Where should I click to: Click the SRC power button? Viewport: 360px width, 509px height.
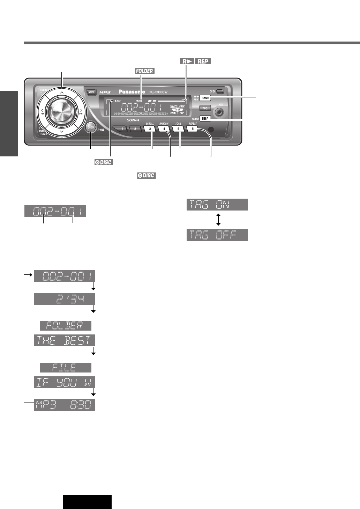tap(91, 127)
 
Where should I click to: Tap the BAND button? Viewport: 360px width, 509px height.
tap(205, 98)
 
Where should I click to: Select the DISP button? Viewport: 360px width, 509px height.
tap(205, 118)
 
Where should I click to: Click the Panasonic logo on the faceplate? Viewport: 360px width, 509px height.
tap(132, 92)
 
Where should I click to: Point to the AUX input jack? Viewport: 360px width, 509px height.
tap(220, 112)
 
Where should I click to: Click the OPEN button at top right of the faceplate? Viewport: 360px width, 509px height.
tap(220, 91)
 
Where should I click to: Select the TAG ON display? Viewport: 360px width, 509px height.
tap(217, 205)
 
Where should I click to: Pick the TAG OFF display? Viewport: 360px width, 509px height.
tap(217, 235)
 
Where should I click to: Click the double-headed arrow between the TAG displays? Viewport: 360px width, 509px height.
tap(218, 220)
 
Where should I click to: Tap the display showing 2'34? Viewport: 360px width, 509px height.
tap(65, 300)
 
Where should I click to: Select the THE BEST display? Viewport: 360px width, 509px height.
tap(65, 340)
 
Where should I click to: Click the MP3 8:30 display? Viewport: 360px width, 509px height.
tap(65, 405)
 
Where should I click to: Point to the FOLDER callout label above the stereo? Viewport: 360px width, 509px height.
tap(144, 71)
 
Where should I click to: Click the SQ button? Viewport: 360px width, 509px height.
tap(205, 108)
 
